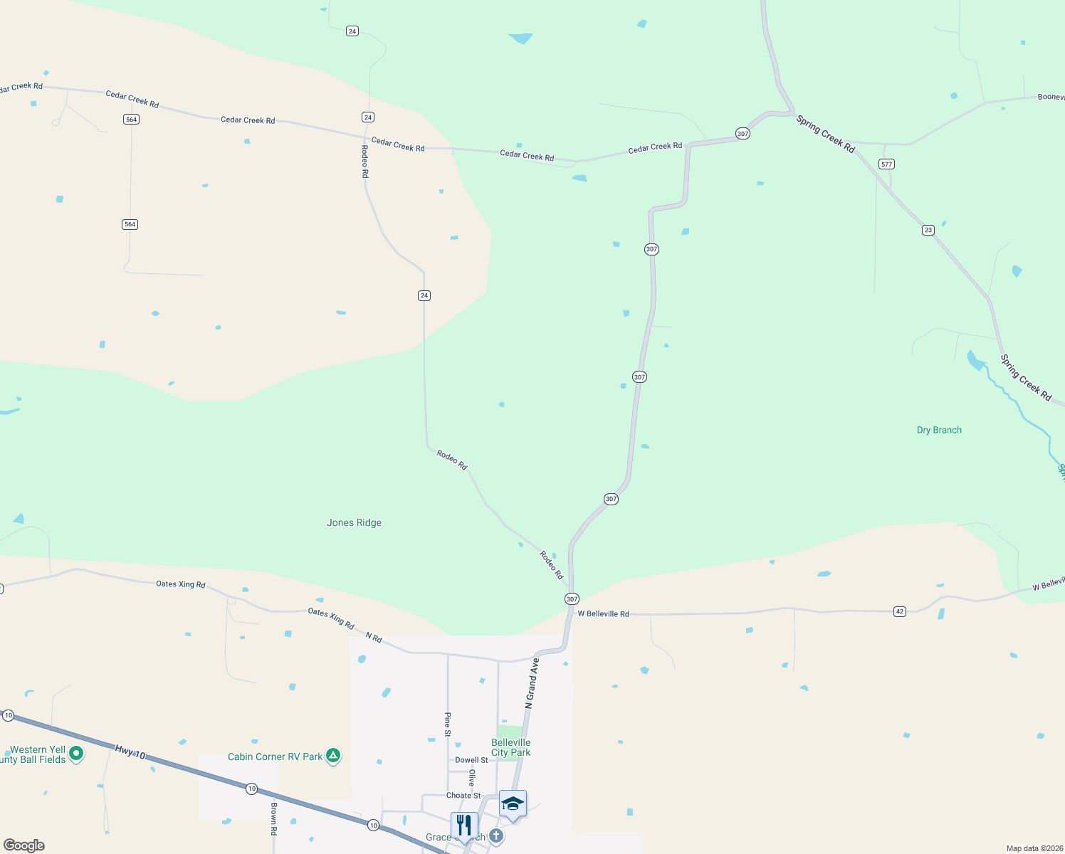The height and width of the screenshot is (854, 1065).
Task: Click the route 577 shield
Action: point(886,164)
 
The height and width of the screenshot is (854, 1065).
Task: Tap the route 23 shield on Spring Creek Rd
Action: point(928,230)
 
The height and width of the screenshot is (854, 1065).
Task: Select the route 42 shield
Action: point(900,611)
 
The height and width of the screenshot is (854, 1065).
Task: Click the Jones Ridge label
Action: point(354,522)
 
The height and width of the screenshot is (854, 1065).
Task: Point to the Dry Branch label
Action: point(939,430)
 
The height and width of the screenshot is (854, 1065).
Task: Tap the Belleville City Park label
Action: point(510,747)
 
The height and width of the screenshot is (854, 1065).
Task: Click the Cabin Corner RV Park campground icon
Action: point(333,757)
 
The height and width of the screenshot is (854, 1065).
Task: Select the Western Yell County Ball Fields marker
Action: point(76,753)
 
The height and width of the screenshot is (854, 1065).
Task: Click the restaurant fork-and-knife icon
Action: point(464,826)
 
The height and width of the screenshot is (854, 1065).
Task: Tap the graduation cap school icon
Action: point(513,803)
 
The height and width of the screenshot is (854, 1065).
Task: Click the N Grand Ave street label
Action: point(532,683)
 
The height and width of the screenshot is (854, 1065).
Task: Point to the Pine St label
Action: point(448,724)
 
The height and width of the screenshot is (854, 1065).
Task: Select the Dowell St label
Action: point(471,760)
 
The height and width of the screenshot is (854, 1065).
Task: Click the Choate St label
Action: point(463,796)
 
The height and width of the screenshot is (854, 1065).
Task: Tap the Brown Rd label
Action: point(273,818)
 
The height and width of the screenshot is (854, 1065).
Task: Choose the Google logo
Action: point(24,845)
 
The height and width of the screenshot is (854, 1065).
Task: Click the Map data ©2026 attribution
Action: point(1034,848)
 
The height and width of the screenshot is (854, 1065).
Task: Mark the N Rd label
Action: point(374,637)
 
